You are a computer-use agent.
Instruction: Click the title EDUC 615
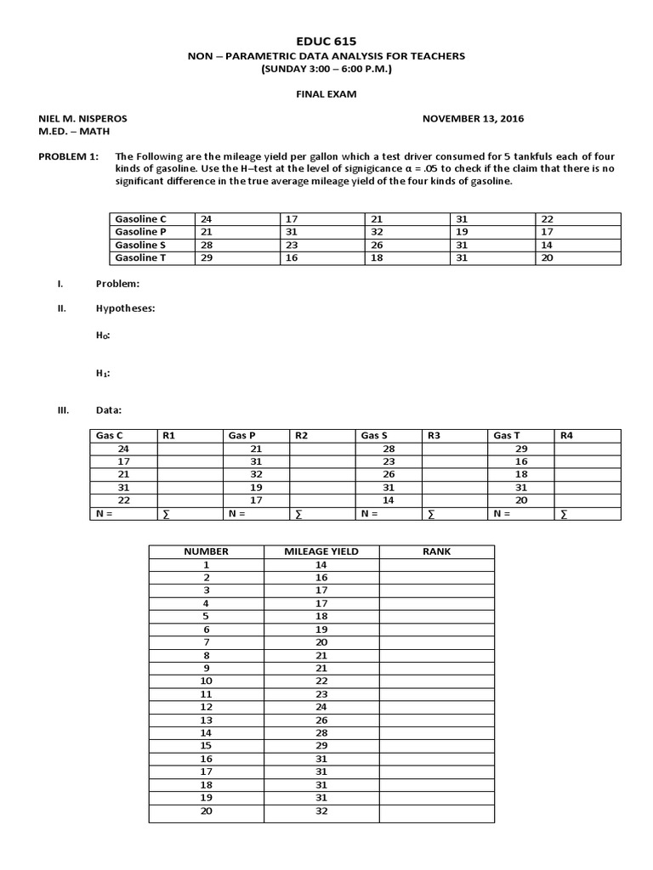click(326, 41)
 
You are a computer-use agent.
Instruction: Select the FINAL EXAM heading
click(326, 95)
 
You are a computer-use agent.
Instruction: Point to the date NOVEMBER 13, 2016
click(474, 119)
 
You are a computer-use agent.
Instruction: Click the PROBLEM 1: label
click(69, 157)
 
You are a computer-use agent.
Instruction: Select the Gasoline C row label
click(140, 219)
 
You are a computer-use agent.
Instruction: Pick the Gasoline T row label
click(140, 257)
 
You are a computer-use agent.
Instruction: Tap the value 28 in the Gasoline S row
click(207, 245)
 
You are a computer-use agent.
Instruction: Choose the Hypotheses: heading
click(125, 308)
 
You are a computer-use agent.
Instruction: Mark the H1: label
click(103, 372)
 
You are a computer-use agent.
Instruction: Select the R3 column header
click(434, 435)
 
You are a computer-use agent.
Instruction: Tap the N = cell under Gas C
click(105, 513)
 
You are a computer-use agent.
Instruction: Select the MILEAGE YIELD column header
click(321, 551)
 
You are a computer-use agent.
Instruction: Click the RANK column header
click(436, 551)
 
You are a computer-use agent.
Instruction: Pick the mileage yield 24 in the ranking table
click(321, 707)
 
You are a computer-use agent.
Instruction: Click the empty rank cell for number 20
click(436, 811)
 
